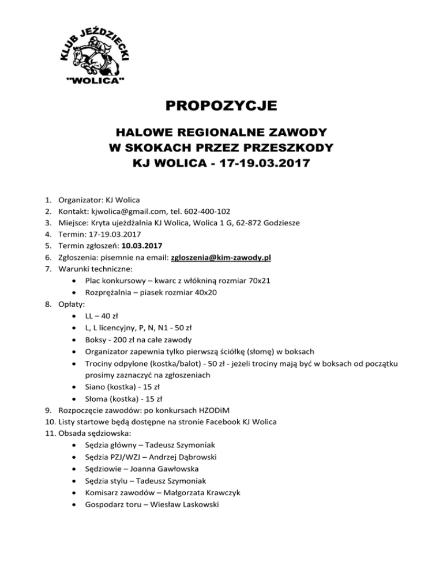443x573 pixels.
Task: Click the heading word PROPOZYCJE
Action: pyautogui.click(x=221, y=106)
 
